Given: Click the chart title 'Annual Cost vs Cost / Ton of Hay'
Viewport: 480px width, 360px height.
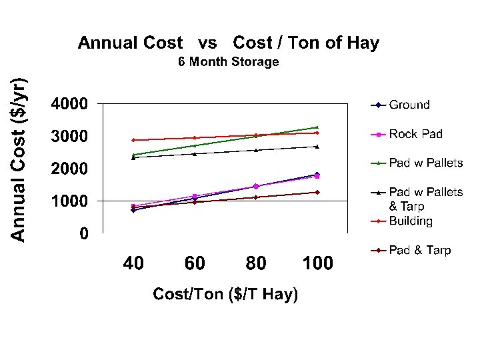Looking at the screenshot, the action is [x=229, y=43].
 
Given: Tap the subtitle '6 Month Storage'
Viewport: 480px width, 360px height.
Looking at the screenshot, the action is [x=229, y=61].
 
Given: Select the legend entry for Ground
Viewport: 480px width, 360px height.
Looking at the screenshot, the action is [x=400, y=105].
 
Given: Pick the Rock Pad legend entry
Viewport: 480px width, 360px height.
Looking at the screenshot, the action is [x=407, y=134].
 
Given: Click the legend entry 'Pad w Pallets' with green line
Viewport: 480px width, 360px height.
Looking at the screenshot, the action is [x=417, y=163].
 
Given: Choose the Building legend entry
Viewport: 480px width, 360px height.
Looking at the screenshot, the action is [x=401, y=221].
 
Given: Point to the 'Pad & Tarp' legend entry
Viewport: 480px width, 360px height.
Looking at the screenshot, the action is [x=411, y=250].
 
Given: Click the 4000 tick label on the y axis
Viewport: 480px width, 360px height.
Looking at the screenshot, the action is [x=69, y=104].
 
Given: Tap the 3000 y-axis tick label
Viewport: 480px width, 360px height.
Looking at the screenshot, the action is [x=69, y=136].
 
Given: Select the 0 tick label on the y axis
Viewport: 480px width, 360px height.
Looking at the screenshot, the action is [x=84, y=233].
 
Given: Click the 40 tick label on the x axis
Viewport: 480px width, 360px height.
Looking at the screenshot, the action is [x=133, y=263].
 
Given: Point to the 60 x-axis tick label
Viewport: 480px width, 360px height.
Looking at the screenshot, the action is [x=195, y=263].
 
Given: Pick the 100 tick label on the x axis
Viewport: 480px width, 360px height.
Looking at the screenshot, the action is [x=317, y=263].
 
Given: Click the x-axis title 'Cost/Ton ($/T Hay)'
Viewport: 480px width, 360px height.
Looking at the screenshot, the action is [x=225, y=294].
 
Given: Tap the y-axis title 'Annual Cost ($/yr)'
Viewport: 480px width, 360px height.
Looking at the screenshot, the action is [x=19, y=159].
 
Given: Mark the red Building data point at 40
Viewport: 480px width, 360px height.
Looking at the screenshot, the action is [x=133, y=140].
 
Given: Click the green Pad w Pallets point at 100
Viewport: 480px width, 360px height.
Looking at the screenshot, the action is [x=317, y=127].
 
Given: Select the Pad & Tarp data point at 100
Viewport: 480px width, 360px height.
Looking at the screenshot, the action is [x=317, y=192].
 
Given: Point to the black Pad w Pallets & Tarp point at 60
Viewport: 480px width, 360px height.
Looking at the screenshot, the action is [x=195, y=154].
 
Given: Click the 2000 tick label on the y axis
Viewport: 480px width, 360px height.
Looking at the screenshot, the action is [x=69, y=169].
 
